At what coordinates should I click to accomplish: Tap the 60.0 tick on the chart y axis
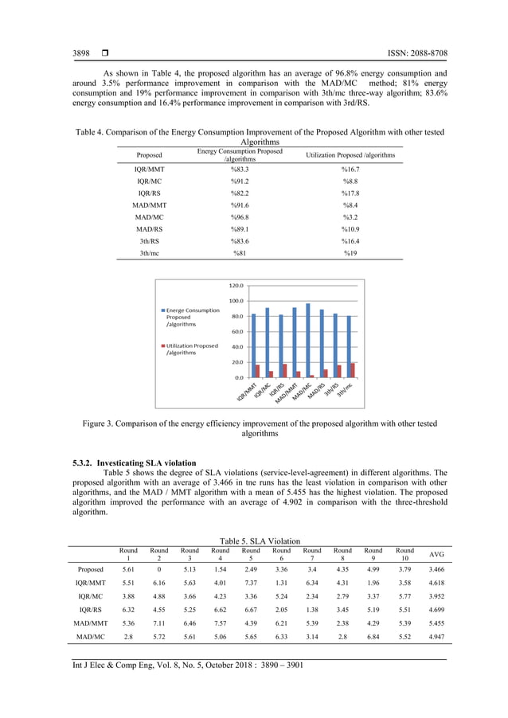(236, 331)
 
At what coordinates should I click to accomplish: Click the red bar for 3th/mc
(353, 370)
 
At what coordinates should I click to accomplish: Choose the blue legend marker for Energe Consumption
(162, 310)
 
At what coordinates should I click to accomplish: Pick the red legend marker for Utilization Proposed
(162, 346)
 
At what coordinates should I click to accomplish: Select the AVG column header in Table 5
(436, 554)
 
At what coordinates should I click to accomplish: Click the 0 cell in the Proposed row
(158, 569)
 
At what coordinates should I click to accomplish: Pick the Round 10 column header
(404, 554)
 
